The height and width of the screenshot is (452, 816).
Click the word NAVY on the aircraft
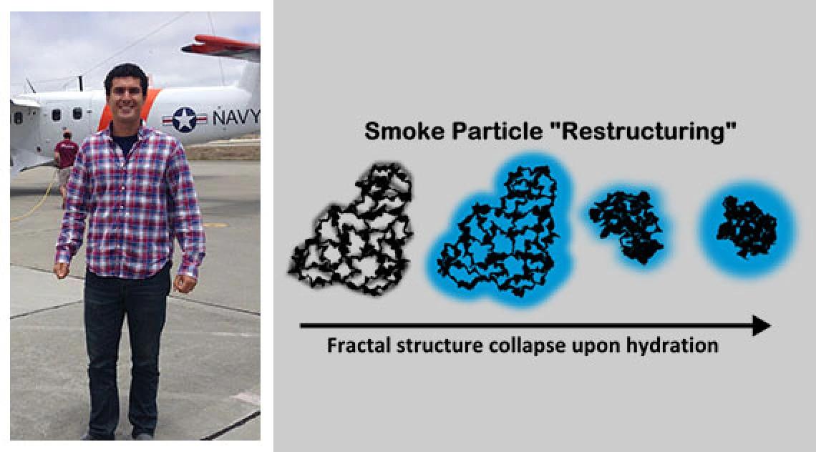pyautogui.click(x=235, y=117)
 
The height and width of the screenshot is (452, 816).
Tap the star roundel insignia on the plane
pyautogui.click(x=184, y=119)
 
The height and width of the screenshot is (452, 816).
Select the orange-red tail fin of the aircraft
pyautogui.click(x=222, y=46)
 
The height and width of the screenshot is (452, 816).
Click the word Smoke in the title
pyautogui.click(x=403, y=131)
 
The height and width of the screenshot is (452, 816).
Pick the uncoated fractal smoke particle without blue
pyautogui.click(x=352, y=229)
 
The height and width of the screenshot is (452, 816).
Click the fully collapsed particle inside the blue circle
pyautogui.click(x=747, y=227)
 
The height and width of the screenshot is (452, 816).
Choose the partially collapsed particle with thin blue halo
pyautogui.click(x=626, y=225)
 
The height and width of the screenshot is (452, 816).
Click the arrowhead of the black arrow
pyautogui.click(x=762, y=325)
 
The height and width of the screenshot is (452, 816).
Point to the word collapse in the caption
pyautogui.click(x=527, y=346)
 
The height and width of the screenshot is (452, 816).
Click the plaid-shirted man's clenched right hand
pyautogui.click(x=62, y=270)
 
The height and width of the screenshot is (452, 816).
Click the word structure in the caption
pyautogui.click(x=439, y=345)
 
